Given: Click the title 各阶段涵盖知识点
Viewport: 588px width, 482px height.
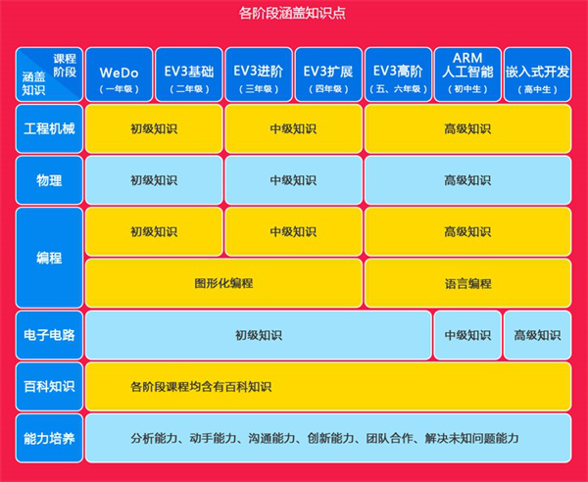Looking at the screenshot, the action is tap(292, 13).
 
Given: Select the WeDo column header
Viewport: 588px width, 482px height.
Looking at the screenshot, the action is tap(119, 74).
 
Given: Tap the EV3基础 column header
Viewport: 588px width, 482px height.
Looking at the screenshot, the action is tap(189, 74).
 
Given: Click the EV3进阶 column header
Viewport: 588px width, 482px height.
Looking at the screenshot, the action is tap(259, 74).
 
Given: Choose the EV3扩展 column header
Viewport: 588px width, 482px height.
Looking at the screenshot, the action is tap(328, 74).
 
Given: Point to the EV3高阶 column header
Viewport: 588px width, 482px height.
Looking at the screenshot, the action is tap(398, 74).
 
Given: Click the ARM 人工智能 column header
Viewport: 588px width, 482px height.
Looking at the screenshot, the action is tap(467, 74).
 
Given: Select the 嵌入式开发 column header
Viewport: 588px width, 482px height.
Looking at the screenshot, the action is tap(538, 74).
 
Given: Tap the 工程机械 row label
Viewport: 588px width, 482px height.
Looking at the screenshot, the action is tap(49, 128).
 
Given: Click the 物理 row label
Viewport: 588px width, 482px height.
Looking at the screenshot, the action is tap(49, 180).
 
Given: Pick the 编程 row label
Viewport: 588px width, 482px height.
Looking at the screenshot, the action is tap(49, 258).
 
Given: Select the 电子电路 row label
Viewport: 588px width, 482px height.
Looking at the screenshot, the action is tap(49, 335).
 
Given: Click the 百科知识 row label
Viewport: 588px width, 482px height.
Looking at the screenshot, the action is tap(49, 386).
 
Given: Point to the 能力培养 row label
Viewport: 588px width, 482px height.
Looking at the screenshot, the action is tap(49, 438).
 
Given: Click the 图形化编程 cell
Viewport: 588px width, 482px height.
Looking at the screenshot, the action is tap(223, 283).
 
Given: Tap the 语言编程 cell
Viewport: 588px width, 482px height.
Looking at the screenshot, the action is tap(468, 283).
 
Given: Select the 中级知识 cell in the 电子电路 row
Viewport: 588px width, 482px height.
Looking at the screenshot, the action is tap(467, 335).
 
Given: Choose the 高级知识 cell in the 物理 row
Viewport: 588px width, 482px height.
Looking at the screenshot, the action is tap(468, 180).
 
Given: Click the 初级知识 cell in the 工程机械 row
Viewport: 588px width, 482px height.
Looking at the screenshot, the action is tap(154, 128).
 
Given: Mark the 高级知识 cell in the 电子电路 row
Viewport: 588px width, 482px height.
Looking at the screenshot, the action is tap(538, 335).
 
